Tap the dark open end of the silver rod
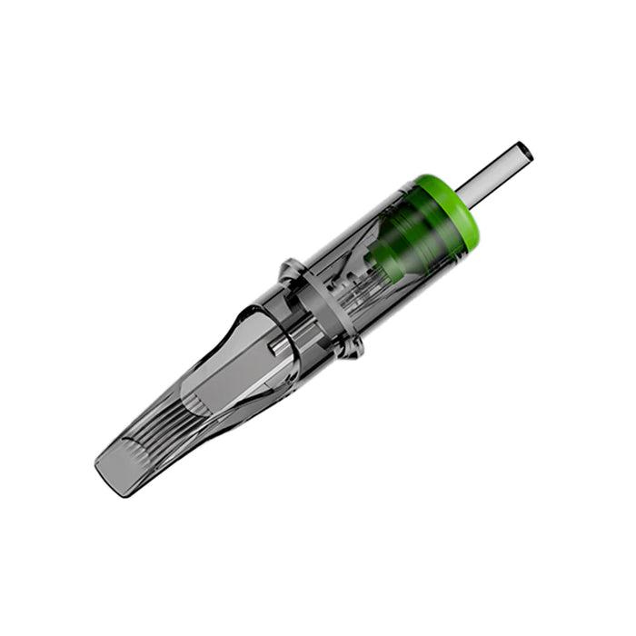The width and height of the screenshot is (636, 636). click(x=525, y=150)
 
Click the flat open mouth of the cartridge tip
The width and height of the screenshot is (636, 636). click(x=114, y=468)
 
